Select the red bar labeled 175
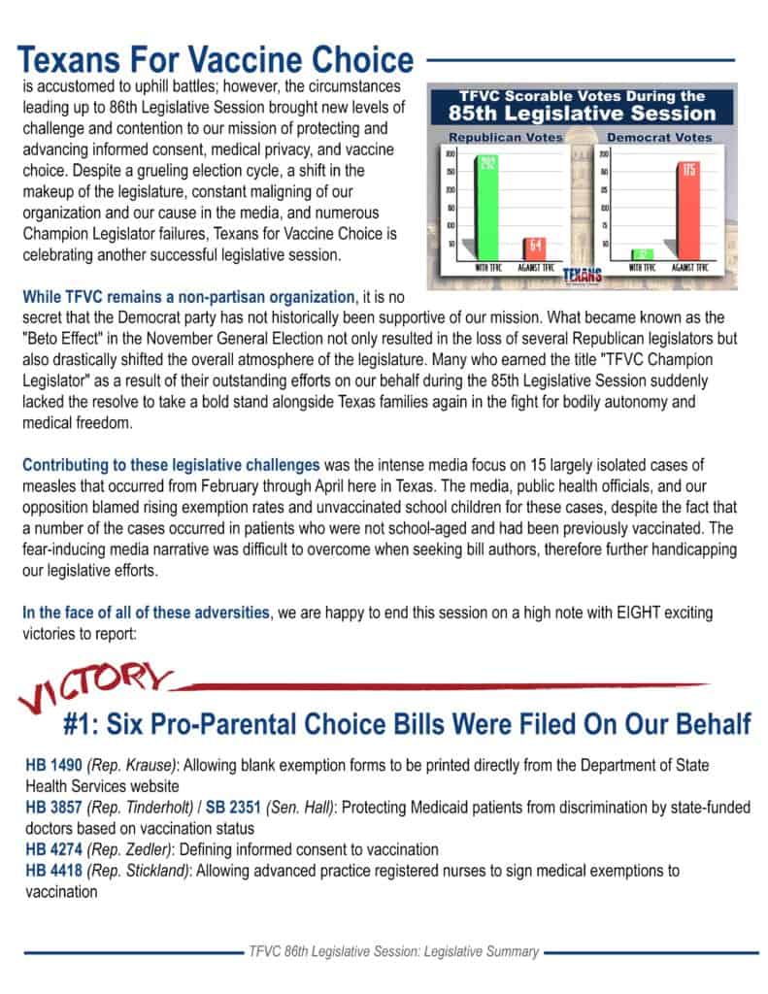click(689, 206)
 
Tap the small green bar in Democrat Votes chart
click(641, 253)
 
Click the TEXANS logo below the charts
click(583, 274)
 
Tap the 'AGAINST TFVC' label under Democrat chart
click(691, 266)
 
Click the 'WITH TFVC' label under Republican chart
click(485, 266)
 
